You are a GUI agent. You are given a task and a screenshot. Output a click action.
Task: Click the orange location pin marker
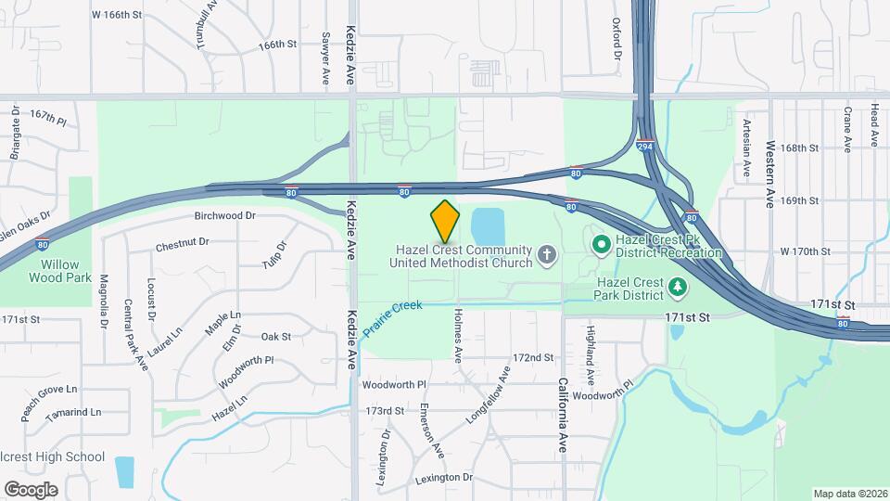coord(446,221)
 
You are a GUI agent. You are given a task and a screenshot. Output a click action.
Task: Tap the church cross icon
coord(548,253)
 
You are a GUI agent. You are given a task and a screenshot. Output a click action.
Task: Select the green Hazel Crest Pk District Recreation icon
coord(601,245)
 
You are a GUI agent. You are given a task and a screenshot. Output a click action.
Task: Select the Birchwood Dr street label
coord(224,215)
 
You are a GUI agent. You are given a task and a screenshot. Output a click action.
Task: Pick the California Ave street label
coord(563,413)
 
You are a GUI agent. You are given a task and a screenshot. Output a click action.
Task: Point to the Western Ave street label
coord(769,173)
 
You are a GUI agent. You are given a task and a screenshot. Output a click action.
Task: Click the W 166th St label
coord(118,15)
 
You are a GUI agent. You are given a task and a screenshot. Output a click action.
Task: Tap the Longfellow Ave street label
coord(488,395)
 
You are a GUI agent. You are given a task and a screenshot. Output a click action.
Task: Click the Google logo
coord(30,489)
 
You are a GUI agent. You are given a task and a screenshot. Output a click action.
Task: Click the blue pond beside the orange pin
coord(488,227)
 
